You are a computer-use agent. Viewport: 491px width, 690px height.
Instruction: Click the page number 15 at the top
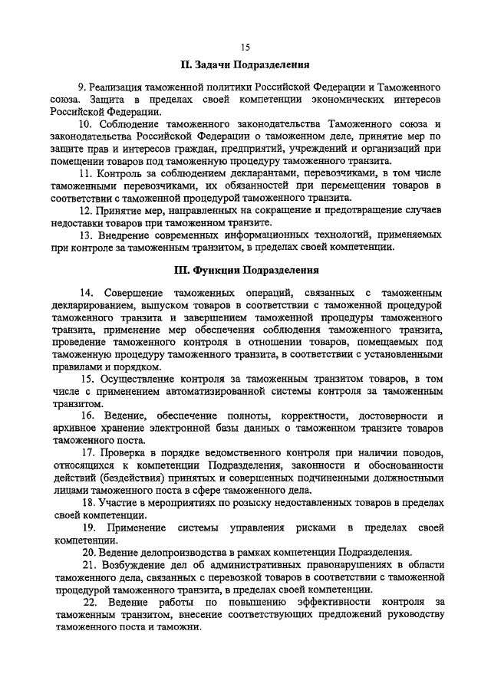(245, 47)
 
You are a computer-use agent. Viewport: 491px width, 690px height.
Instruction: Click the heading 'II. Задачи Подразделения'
(245, 64)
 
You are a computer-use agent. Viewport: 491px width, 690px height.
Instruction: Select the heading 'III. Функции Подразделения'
(245, 270)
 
